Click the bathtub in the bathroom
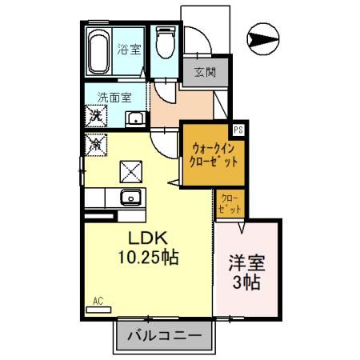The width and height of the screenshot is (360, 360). [x=100, y=53]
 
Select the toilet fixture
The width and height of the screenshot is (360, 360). [x=166, y=46]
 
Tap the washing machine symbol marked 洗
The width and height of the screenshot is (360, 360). [x=96, y=117]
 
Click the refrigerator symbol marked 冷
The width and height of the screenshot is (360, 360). [x=96, y=145]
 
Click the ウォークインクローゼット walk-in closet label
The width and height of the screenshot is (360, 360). [x=214, y=154]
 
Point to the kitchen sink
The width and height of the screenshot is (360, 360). [x=129, y=198]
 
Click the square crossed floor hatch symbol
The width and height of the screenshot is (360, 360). [x=129, y=171]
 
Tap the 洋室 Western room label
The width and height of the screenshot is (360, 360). [x=247, y=262]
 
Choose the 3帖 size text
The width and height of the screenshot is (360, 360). [x=247, y=282]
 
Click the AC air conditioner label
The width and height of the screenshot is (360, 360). [x=98, y=301]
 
